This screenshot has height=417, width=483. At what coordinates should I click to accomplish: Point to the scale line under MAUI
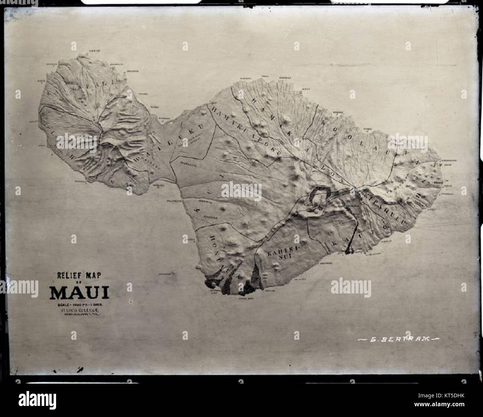[80, 305]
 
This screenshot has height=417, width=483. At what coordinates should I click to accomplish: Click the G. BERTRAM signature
[399, 338]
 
